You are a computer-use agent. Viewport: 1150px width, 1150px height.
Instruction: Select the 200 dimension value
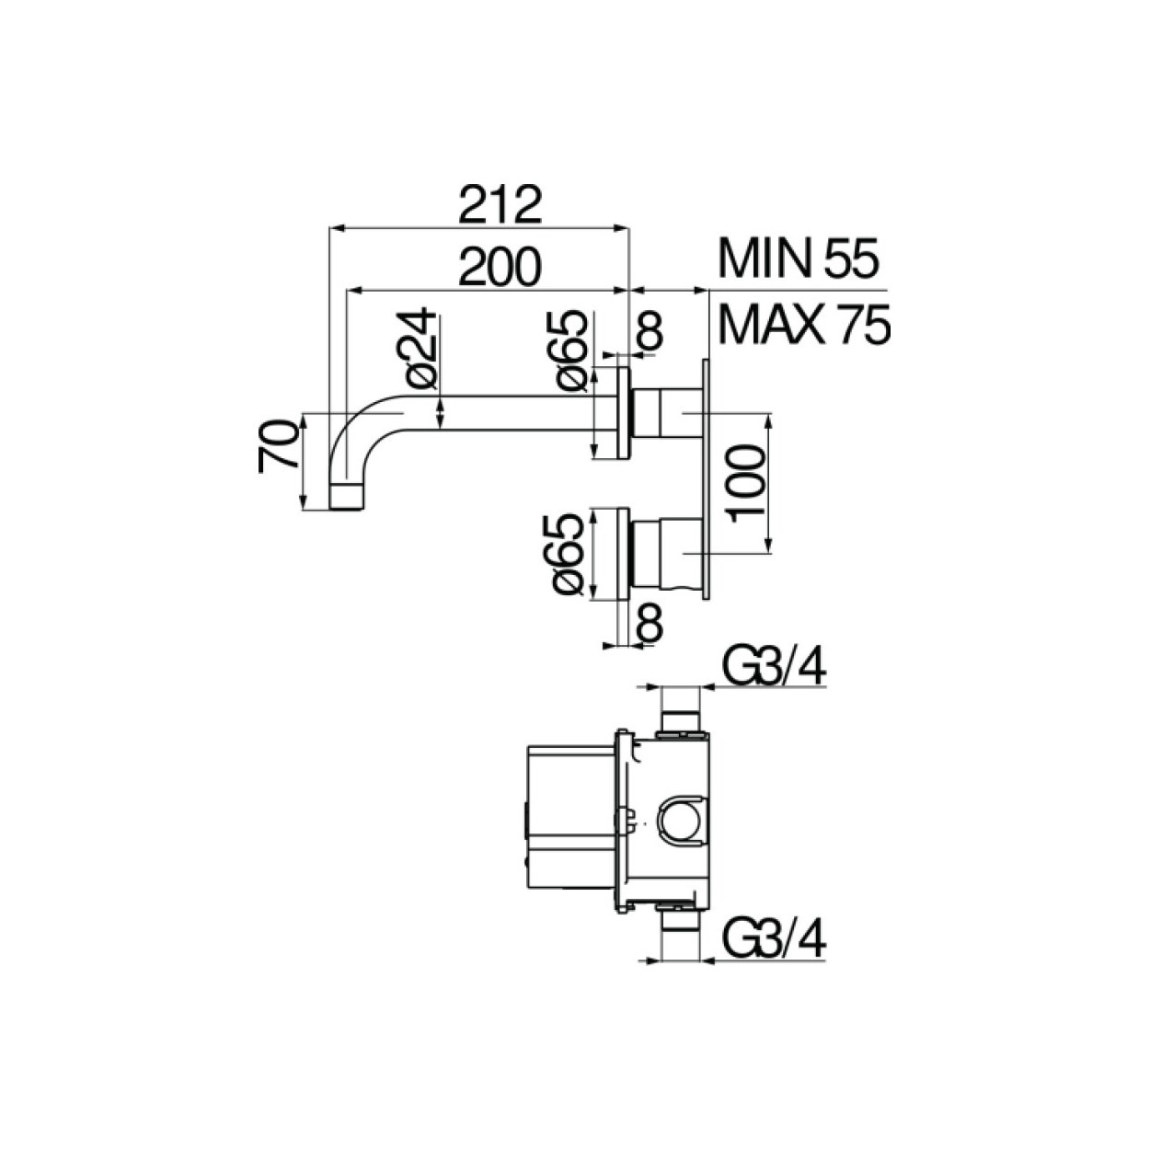[x=501, y=267]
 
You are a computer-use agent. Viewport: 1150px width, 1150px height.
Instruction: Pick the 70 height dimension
[x=279, y=444]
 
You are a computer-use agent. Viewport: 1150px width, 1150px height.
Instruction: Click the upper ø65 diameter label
[x=569, y=350]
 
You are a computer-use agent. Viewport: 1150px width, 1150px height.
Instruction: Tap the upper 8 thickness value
[x=650, y=331]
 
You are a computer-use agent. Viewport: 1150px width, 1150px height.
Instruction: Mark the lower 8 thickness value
[x=650, y=623]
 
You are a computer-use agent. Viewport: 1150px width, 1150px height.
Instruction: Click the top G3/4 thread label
[x=772, y=668]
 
